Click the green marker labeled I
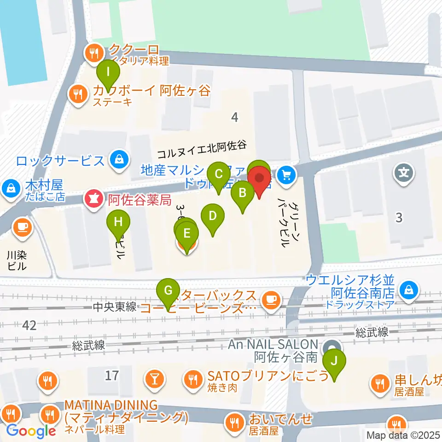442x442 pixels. [x=108, y=72]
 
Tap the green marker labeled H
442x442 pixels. [x=118, y=222]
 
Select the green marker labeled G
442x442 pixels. [x=168, y=291]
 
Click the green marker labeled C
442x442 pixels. [x=219, y=174]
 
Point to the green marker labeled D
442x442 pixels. [x=212, y=215]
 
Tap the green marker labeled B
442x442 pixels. [x=242, y=192]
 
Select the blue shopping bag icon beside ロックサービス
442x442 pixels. [x=119, y=160]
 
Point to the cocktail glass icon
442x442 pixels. [x=153, y=379]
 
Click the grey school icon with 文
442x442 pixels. [x=404, y=174]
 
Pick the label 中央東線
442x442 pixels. [x=114, y=307]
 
